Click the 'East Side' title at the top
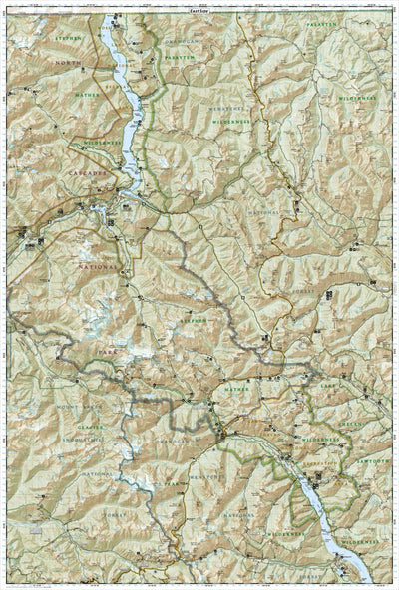point(199,6)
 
